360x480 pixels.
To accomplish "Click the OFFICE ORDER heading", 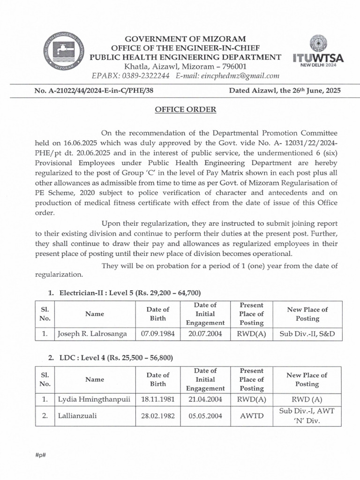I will (186, 110).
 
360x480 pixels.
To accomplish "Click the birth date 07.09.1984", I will (158, 334).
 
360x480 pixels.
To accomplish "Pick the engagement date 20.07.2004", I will (205, 334).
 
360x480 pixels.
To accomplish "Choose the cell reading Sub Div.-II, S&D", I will (307, 334).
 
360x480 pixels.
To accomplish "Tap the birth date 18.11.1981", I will (158, 400).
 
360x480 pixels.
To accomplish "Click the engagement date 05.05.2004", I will (205, 416).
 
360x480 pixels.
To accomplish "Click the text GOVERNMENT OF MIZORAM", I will (186, 38).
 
